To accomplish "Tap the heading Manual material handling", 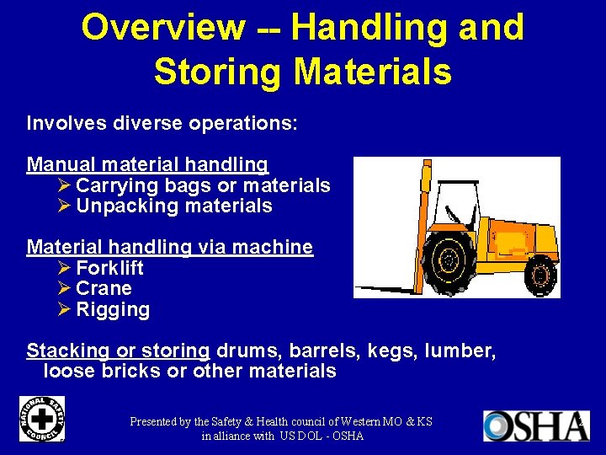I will point(147,164).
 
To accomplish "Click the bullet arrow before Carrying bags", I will point(65,185).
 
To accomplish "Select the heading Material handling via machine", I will point(169,247).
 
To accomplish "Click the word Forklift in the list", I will point(109,268).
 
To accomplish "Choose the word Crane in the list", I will point(104,289).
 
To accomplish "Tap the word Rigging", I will point(113,310).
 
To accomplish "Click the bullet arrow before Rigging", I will point(65,310).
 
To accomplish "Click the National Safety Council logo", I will point(41,420).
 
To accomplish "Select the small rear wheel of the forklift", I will point(540,273).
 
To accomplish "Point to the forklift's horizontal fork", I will point(386,289).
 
